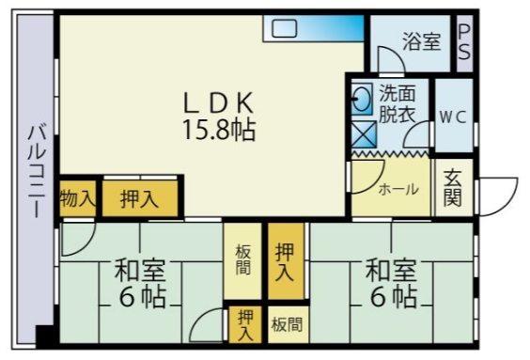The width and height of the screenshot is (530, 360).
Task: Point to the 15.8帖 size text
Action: [x=219, y=128]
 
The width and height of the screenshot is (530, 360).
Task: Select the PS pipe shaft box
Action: [x=464, y=41]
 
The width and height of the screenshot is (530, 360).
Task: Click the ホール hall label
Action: [x=398, y=189]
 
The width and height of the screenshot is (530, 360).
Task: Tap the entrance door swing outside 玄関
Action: [x=499, y=194]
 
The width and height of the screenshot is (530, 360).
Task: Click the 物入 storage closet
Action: [x=77, y=198]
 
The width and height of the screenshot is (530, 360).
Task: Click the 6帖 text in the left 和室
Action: [x=142, y=298]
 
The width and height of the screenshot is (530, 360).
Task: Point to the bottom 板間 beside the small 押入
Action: [x=287, y=325]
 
